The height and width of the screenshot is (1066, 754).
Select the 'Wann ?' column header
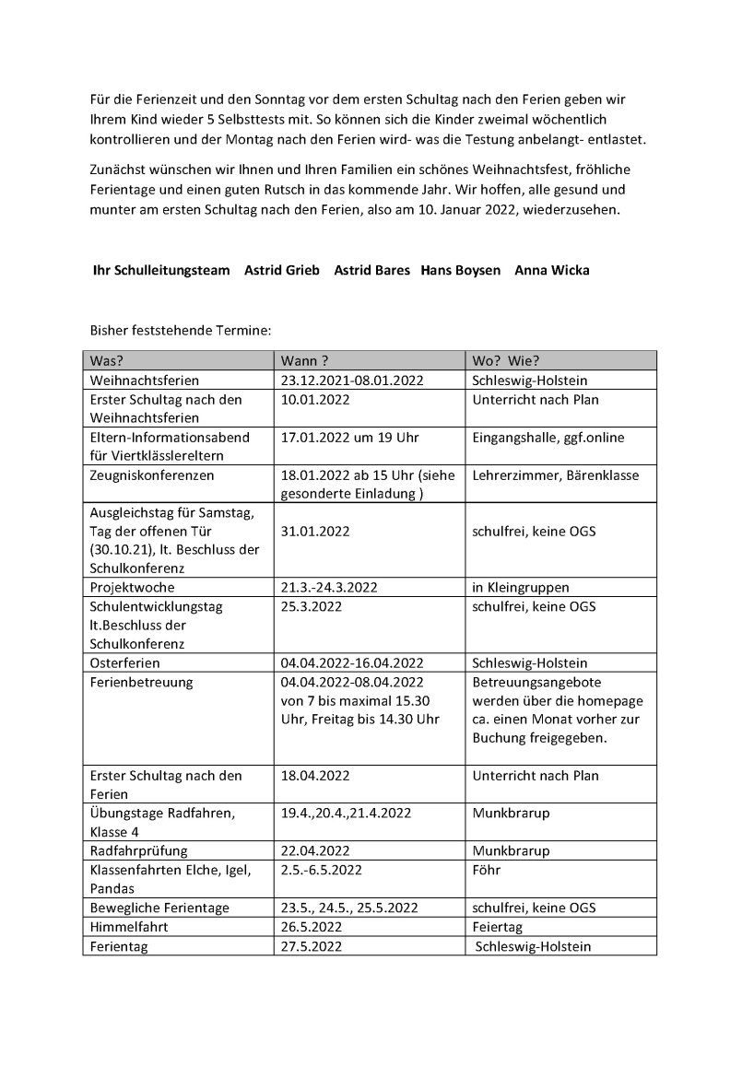tap(305, 360)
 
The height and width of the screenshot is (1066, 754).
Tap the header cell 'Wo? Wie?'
tap(505, 360)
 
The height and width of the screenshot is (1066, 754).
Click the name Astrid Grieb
tap(281, 270)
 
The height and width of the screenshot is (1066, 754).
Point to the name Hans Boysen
tap(461, 270)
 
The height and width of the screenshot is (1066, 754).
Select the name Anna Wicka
tap(552, 270)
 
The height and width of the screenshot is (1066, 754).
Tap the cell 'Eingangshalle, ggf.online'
tap(548, 438)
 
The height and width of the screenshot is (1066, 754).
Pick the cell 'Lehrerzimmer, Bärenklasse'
tap(555, 475)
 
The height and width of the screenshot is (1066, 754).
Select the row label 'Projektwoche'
tap(132, 587)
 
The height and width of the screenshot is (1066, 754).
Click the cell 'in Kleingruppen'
tap(520, 587)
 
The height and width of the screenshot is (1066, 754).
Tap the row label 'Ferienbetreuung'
tap(140, 682)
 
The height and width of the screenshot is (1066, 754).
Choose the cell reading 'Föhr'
tap(486, 869)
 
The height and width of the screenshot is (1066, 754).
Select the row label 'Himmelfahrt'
tap(128, 927)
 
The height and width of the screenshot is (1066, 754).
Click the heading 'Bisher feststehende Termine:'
tap(180, 329)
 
